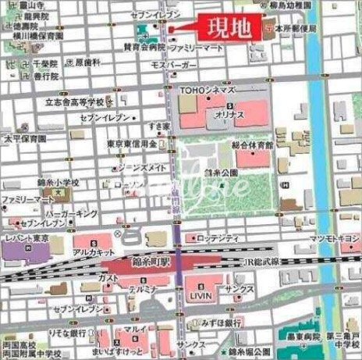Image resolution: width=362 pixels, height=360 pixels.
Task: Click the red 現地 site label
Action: (x=229, y=28)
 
